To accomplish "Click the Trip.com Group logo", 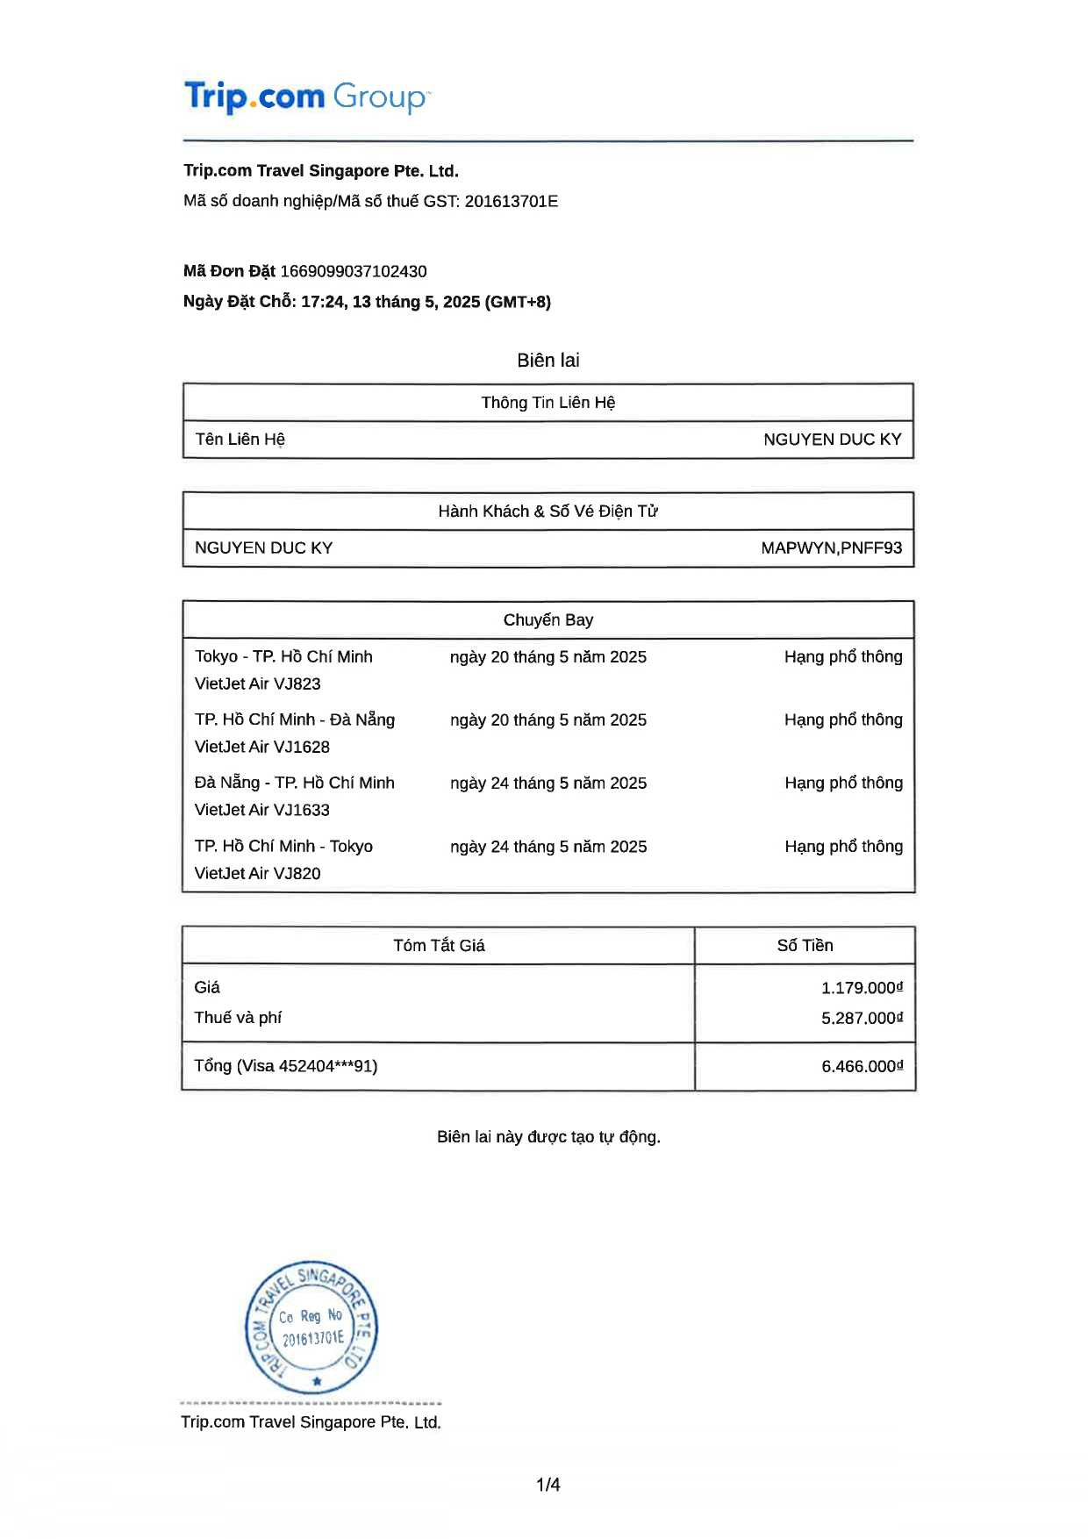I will click(x=306, y=97).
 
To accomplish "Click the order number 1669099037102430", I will click(x=354, y=272).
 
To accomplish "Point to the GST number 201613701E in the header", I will click(x=512, y=202).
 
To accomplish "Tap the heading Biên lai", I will click(x=548, y=361).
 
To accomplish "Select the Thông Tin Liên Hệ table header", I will click(x=548, y=403).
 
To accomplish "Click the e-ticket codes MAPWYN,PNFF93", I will click(x=831, y=548).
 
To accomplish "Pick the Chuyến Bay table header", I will click(x=548, y=620).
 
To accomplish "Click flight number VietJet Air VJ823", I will click(x=258, y=684).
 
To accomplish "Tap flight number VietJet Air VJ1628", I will click(x=262, y=748).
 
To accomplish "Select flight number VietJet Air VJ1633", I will click(x=262, y=811).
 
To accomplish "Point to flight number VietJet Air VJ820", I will click(x=258, y=874).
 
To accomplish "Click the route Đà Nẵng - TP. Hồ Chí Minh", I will click(x=295, y=784).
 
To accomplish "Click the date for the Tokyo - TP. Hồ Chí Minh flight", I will click(x=548, y=657).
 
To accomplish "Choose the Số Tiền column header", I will click(x=805, y=946).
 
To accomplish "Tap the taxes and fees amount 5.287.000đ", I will click(x=862, y=1019).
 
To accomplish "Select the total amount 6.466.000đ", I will click(x=862, y=1067).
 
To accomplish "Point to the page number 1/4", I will click(x=548, y=1485).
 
